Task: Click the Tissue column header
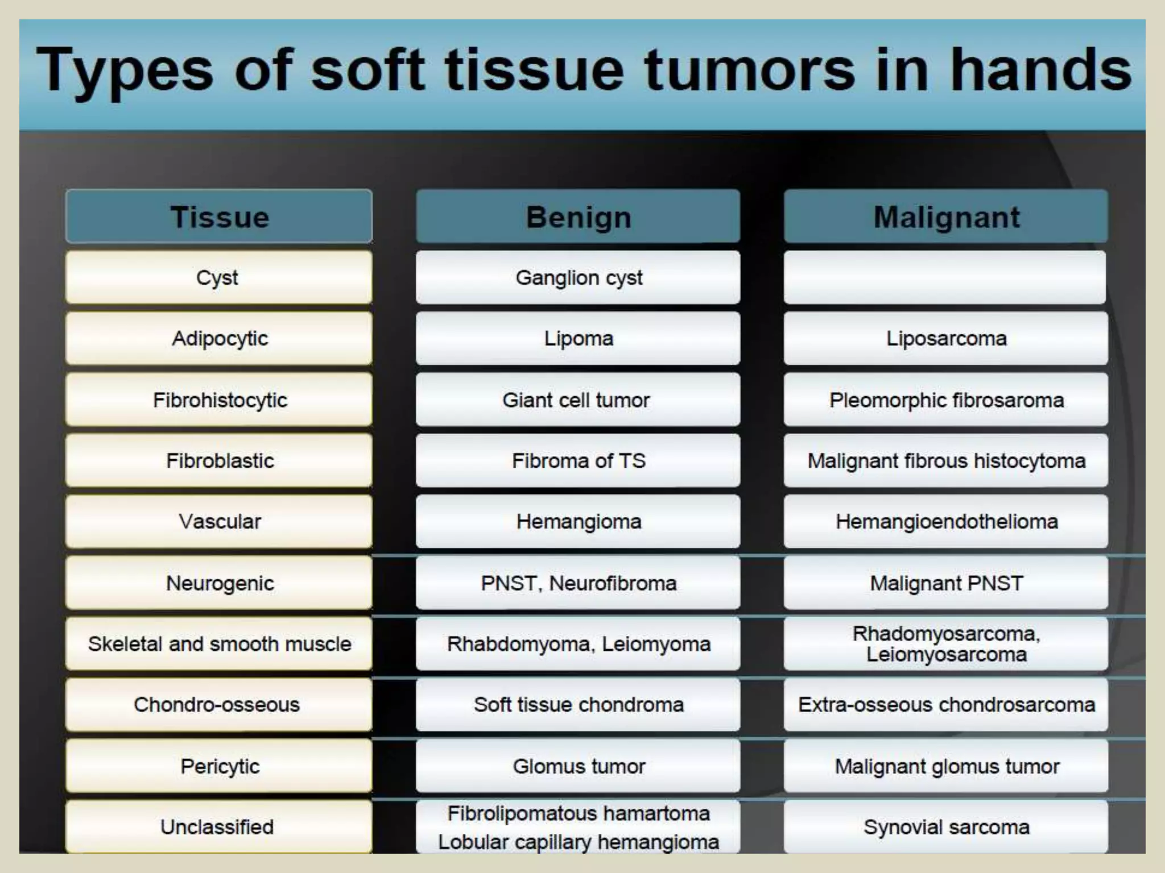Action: tap(219, 217)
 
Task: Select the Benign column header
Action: tap(578, 217)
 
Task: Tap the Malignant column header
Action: tap(945, 217)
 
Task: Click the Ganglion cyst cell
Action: tap(578, 277)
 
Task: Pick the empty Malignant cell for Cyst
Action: tap(944, 277)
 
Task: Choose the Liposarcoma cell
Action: tap(945, 338)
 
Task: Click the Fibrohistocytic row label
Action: tap(219, 400)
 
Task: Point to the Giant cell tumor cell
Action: tap(578, 400)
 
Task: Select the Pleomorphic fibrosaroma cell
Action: tap(945, 400)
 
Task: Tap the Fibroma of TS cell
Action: tap(578, 460)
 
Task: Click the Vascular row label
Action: tap(219, 521)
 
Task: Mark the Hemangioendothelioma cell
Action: tap(945, 521)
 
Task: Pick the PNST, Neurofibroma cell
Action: tap(578, 583)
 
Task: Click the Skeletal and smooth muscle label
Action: tap(219, 643)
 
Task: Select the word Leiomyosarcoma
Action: tap(946, 655)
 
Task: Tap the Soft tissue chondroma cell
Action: tap(578, 704)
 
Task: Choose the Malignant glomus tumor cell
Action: tap(945, 766)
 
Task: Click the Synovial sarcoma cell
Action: tap(945, 826)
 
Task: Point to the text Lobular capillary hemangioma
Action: tap(578, 842)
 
